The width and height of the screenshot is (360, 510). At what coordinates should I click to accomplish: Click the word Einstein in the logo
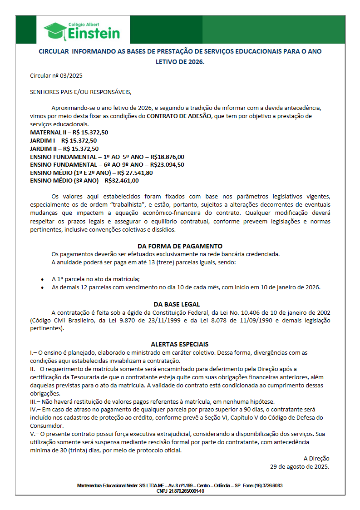[x=94, y=33]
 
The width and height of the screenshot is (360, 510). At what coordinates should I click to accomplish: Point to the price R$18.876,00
[x=167, y=156]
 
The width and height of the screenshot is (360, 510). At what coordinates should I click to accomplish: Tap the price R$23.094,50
[x=167, y=164]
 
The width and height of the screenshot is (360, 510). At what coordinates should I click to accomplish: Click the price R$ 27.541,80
[x=135, y=173]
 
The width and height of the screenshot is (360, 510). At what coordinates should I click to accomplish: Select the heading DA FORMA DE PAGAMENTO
[x=180, y=246]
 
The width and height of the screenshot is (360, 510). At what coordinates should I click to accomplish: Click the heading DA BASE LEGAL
[x=177, y=304]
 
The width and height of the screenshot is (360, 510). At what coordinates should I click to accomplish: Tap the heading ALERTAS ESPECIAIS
[x=180, y=344]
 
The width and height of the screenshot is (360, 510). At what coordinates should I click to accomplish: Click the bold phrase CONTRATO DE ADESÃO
[x=179, y=116]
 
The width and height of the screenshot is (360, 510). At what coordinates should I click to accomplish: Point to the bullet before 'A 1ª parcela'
[x=42, y=279]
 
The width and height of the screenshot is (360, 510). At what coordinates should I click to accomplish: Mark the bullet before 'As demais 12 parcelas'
[x=42, y=287]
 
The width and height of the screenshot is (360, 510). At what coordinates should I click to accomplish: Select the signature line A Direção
[x=316, y=458]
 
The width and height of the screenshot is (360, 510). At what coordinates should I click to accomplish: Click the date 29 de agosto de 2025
[x=300, y=466]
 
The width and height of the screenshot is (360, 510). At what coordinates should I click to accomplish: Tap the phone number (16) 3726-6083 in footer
[x=269, y=485]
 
